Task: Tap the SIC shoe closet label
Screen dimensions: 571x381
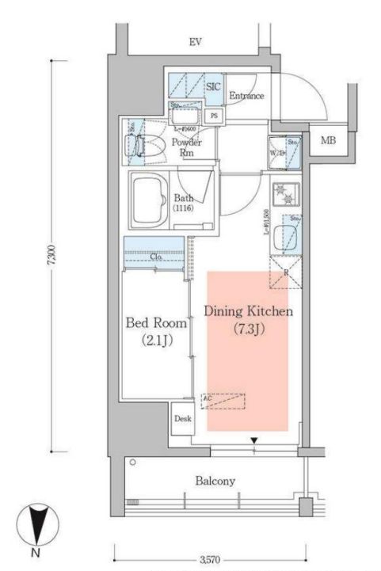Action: [x=213, y=88]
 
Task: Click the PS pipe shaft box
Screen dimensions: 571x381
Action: [x=214, y=115]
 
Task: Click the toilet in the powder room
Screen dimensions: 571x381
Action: [x=137, y=145]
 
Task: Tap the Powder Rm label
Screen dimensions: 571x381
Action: [x=187, y=147]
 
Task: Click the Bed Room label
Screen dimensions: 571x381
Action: [x=157, y=323]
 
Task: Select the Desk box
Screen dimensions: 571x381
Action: [x=181, y=418]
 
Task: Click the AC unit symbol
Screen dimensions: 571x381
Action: [x=223, y=401]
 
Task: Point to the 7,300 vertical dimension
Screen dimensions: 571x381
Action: [x=51, y=257]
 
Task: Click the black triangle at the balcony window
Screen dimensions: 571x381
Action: [x=254, y=440]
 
